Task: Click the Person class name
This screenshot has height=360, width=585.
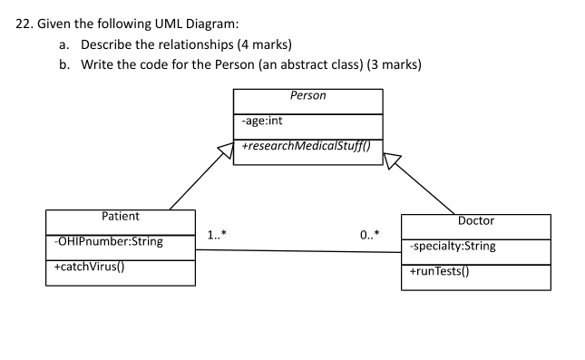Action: pyautogui.click(x=307, y=95)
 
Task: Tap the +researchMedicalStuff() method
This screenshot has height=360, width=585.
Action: pyautogui.click(x=298, y=147)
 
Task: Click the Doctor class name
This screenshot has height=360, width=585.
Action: pyautogui.click(x=475, y=220)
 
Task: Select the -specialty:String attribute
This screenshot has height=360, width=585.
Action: pyautogui.click(x=452, y=246)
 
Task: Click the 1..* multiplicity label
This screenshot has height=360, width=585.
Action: pyautogui.click(x=217, y=236)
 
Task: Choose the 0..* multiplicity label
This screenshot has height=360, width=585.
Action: pyautogui.click(x=370, y=236)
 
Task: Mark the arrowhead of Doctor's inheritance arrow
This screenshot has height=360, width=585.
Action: pyautogui.click(x=390, y=160)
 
